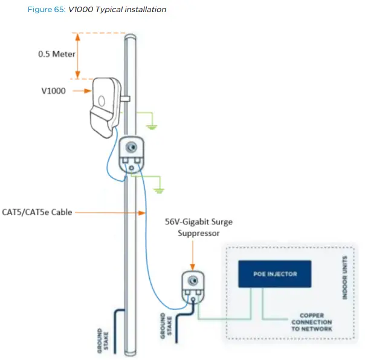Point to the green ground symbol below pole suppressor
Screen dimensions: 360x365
click(161, 188)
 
